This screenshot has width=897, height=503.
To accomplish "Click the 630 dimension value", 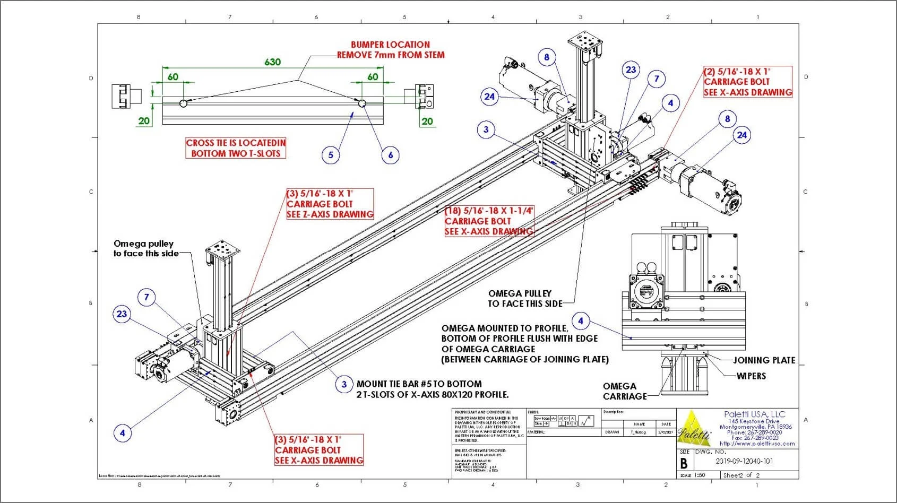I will point(272,62).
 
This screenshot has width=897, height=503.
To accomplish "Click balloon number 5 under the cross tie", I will point(331,155).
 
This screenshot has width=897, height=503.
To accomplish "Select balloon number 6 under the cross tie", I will point(391,155).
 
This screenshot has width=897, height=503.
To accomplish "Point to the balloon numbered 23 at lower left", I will point(122,314).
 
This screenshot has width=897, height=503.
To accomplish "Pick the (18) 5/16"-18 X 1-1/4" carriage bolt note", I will point(489,221).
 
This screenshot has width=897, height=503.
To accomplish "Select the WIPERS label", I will point(751,376).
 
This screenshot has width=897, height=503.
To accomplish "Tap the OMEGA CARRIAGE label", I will point(625,391).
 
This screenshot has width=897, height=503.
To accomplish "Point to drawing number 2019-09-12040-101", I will point(744,461).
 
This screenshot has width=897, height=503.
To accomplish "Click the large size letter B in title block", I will point(684,463).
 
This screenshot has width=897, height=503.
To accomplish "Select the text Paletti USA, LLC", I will point(754,414).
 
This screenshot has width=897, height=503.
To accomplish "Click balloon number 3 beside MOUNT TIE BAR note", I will point(344,384).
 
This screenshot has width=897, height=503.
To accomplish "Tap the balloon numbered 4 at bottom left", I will point(123,432).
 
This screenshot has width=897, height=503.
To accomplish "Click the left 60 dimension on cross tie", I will point(173,77).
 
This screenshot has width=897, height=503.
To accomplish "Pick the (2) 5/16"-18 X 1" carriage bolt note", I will point(748,82).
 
